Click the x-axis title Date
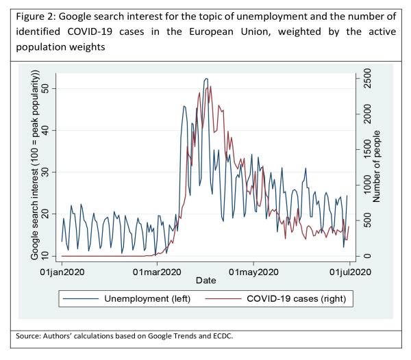(x=206, y=281)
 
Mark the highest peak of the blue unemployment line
(x=206, y=79)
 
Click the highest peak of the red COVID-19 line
(x=210, y=87)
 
